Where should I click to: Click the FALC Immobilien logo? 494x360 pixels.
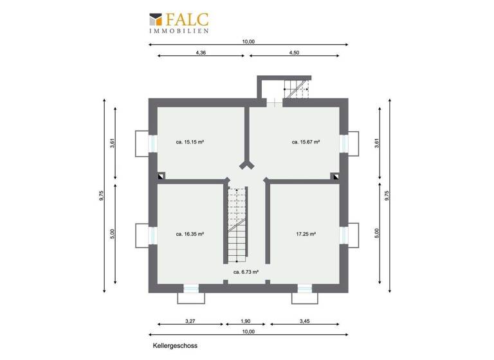click(x=182, y=22)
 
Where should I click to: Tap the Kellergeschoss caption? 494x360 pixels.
click(x=175, y=345)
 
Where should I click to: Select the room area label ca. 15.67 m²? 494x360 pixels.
click(x=306, y=142)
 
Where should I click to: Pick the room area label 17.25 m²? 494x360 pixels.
click(x=306, y=235)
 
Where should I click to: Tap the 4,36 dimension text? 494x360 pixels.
click(x=200, y=53)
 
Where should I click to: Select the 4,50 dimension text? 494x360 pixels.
click(x=294, y=53)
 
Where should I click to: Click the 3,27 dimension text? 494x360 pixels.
click(x=190, y=321)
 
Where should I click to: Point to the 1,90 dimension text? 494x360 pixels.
click(x=247, y=321)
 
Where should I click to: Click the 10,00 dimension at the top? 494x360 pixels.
click(x=248, y=41)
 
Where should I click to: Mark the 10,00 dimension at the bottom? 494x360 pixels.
click(x=248, y=332)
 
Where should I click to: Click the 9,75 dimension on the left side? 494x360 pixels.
click(x=102, y=195)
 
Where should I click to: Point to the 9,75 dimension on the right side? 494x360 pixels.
click(x=387, y=195)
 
